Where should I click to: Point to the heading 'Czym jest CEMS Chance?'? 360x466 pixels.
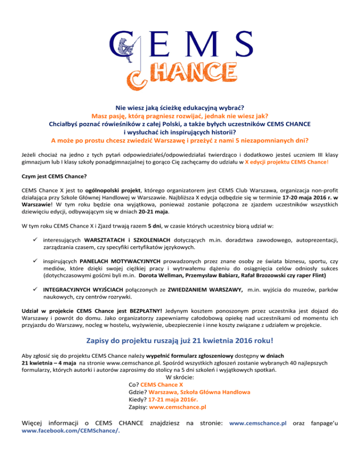(x=50, y=178)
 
